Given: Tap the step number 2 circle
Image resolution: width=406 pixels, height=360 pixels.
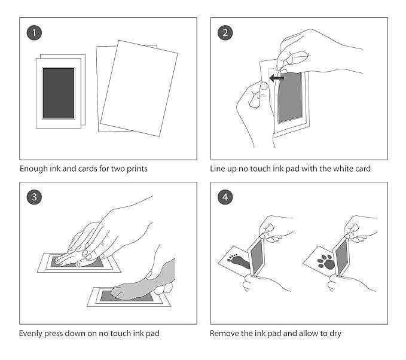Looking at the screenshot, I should (x=225, y=33).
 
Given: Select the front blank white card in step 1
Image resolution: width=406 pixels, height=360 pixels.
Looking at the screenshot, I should (x=139, y=90).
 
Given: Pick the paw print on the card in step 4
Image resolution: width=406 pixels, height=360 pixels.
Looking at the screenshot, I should (x=327, y=261).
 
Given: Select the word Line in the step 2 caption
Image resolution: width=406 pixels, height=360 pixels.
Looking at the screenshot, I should (x=218, y=169).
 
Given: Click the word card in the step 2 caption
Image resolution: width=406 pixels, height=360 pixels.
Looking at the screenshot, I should (x=361, y=169).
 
